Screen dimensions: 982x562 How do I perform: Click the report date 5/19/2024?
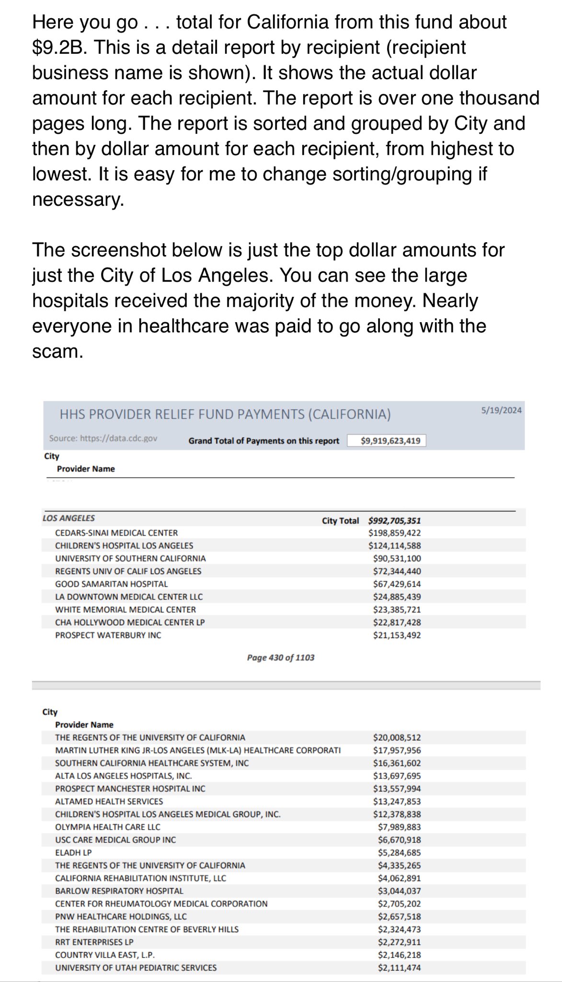point(501,410)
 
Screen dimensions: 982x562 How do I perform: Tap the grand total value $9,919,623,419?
point(386,441)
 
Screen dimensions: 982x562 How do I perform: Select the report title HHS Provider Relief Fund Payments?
point(225,414)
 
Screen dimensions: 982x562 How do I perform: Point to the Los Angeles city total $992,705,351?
point(394,520)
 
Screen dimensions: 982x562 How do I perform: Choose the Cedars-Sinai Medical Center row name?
point(116,533)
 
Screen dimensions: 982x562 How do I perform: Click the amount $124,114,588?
point(394,546)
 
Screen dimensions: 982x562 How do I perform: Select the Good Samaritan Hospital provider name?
point(112,584)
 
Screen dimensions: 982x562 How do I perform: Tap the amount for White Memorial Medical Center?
point(397,609)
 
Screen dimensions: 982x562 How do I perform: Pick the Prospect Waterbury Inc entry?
point(108,635)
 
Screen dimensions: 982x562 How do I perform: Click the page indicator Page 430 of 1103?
point(281,657)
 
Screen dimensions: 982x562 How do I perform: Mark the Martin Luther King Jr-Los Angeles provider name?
point(198,750)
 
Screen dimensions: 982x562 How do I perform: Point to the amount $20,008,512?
point(397,737)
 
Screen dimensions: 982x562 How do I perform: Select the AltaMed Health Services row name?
point(109,801)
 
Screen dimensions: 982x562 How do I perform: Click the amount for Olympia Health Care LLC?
point(399,827)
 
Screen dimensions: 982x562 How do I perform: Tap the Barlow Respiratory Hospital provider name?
point(119,891)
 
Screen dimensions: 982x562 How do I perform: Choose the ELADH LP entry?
point(73,853)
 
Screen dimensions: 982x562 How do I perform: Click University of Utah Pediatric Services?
point(136,968)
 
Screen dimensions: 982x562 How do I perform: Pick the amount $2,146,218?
point(399,955)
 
